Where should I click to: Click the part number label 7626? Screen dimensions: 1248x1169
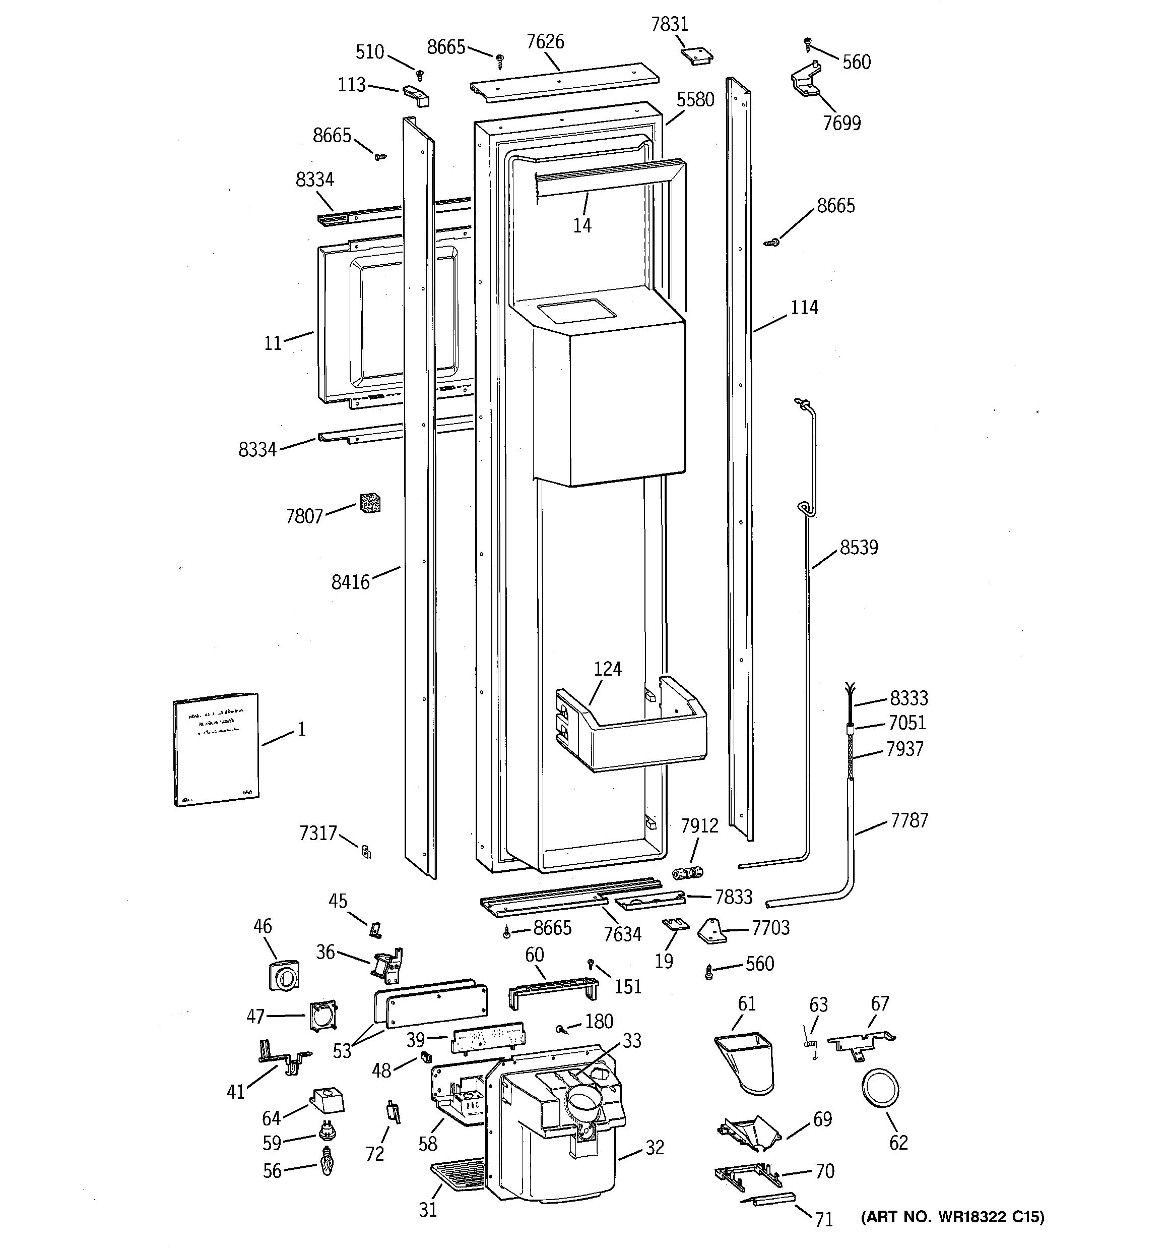click(545, 42)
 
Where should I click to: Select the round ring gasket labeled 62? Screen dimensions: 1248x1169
click(880, 1093)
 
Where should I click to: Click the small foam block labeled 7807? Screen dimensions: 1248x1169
click(371, 503)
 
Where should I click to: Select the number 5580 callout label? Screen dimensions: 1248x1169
click(695, 99)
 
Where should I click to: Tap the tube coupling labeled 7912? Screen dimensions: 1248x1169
click(687, 873)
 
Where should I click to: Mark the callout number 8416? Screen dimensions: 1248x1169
click(350, 582)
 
